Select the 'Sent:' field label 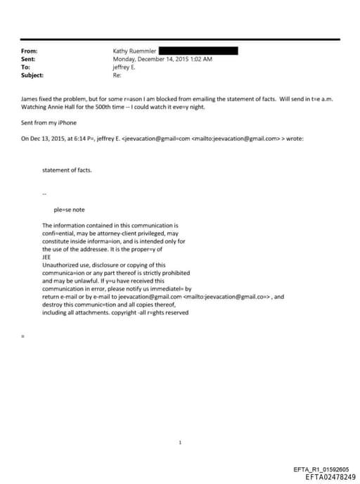29,59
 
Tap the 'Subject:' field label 32,75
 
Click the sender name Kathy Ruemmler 134,51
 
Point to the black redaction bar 198,51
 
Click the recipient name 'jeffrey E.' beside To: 124,67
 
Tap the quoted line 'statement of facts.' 67,170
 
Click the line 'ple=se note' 69,209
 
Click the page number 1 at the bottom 181,423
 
